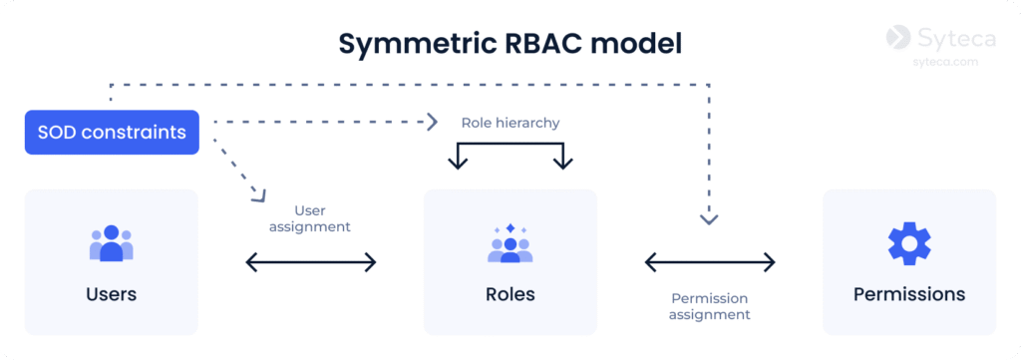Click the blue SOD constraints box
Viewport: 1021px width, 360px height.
112,133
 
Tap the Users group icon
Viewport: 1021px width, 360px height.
112,242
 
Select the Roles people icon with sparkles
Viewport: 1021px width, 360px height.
510,242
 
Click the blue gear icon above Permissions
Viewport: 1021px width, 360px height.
909,242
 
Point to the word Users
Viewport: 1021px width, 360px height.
112,294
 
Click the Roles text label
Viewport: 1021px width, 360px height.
510,294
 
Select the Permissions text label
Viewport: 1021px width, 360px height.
909,294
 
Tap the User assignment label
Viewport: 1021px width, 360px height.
310,218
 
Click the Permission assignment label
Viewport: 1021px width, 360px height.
710,306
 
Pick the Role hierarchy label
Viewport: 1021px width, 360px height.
510,123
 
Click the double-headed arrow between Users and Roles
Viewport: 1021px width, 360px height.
311,262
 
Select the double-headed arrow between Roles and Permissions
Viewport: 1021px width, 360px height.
710,262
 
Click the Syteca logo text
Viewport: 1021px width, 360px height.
956,39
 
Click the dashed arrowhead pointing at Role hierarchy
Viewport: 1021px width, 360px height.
434,121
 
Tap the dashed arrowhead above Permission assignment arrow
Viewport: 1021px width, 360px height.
709,220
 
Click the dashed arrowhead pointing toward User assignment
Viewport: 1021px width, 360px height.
260,195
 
